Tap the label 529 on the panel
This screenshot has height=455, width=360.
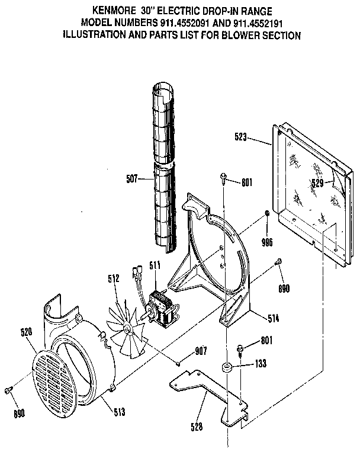click(318, 184)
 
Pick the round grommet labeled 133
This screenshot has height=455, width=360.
click(227, 367)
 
